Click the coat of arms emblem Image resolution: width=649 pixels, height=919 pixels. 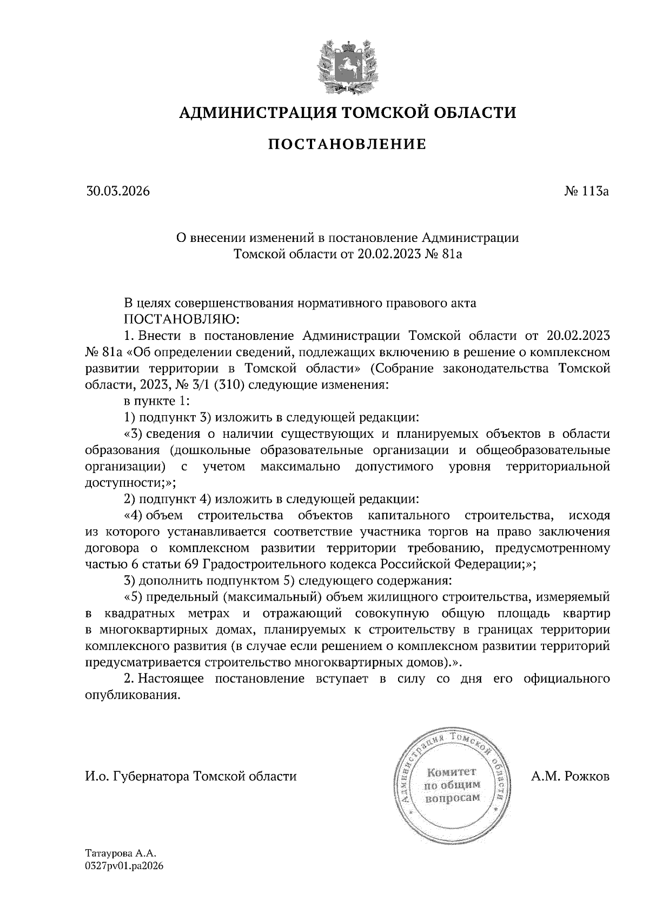[x=347, y=65]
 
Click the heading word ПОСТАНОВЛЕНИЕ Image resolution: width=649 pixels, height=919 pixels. [x=347, y=144]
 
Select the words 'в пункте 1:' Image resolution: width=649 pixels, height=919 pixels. [x=156, y=402]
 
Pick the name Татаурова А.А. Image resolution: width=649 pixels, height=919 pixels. [x=120, y=853]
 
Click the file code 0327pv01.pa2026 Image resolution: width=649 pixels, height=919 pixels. [x=124, y=866]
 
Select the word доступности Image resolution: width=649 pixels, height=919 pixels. [x=125, y=483]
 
